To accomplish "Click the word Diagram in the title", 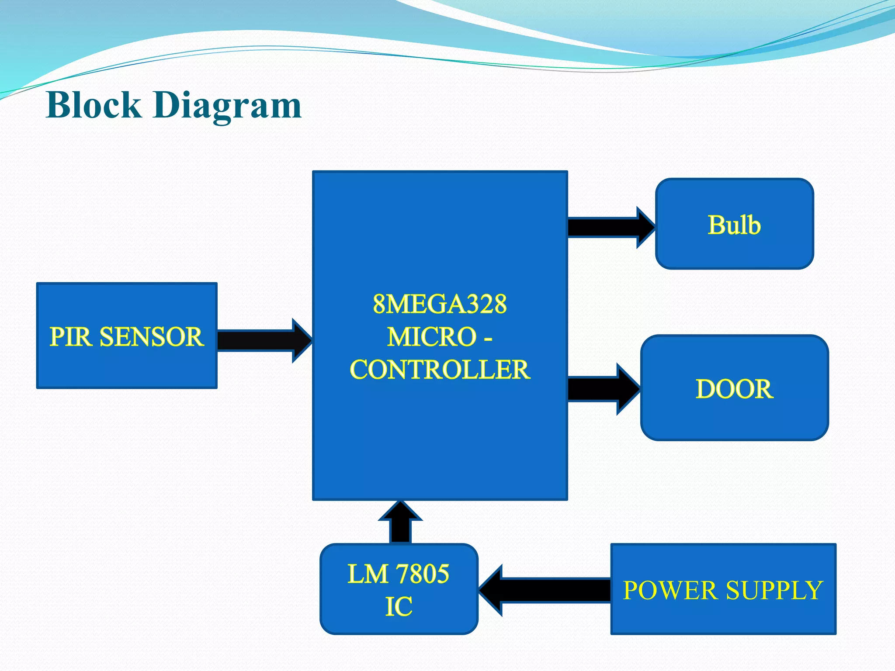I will [227, 106].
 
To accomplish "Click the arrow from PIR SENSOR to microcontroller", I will [262, 341].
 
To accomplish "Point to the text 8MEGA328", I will [440, 304].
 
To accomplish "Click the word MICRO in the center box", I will [432, 337].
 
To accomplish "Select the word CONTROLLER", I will [440, 370].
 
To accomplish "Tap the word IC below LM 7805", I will [399, 606].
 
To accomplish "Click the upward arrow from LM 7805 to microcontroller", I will [400, 524].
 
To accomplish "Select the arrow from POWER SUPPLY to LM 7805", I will [546, 590].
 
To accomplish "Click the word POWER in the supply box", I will [670, 590].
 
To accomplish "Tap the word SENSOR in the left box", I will [152, 337].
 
